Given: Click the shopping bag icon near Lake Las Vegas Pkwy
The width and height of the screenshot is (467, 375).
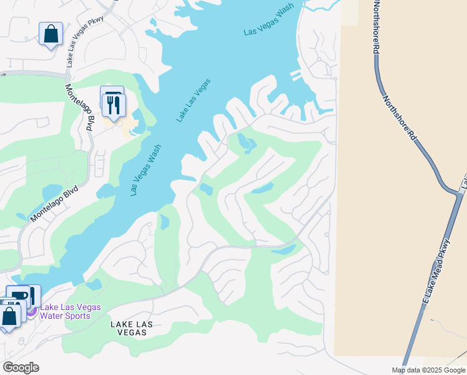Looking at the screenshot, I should tap(51, 34).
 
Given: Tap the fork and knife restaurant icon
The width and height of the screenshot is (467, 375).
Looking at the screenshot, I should tap(114, 104).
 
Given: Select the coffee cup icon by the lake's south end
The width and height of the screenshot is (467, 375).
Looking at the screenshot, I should tap(19, 296).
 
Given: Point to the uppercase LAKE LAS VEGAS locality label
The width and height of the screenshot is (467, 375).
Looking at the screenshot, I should tap(131, 329).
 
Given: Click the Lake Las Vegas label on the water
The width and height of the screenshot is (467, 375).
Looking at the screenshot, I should tap(193, 100).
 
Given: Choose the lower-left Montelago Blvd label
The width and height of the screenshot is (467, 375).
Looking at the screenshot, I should tap(54, 202).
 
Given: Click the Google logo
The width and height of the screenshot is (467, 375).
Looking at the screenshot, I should tap(20, 367).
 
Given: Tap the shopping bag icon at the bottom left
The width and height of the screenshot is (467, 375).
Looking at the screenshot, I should tap(10, 316).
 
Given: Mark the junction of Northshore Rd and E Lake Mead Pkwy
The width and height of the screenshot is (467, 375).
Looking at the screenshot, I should tap(455, 189).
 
